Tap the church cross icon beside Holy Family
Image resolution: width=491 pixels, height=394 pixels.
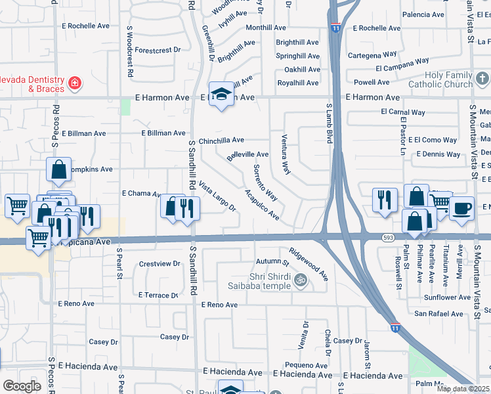coord(482,79)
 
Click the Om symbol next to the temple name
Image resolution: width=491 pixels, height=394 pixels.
coord(301,280)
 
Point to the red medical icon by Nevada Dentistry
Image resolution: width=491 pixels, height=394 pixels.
coord(75,83)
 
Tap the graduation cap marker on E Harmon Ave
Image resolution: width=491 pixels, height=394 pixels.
coord(222,95)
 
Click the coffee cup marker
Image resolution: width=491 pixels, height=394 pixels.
coord(461,208)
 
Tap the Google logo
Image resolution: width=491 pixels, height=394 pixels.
coord(22,385)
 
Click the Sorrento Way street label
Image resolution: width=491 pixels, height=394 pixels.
coord(265,183)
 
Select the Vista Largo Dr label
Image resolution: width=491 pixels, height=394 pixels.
coord(217,197)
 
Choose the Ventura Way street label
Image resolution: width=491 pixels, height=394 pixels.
coord(282,158)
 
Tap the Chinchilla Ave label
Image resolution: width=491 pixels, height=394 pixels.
coord(221,140)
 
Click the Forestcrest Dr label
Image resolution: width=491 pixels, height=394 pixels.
coord(157,50)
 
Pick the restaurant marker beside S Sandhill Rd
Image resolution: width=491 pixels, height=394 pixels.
coord(188,208)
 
